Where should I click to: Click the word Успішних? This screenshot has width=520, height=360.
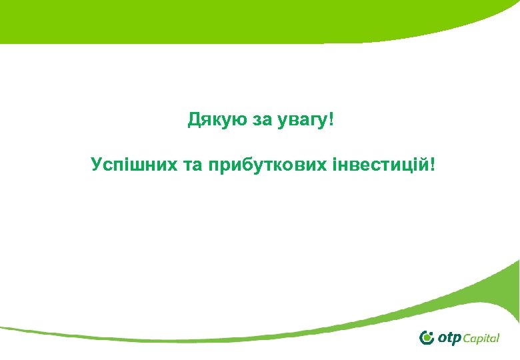pos(131,164)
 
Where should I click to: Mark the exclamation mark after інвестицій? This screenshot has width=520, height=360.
pos(435,163)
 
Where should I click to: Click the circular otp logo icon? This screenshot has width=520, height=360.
pos(427,337)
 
